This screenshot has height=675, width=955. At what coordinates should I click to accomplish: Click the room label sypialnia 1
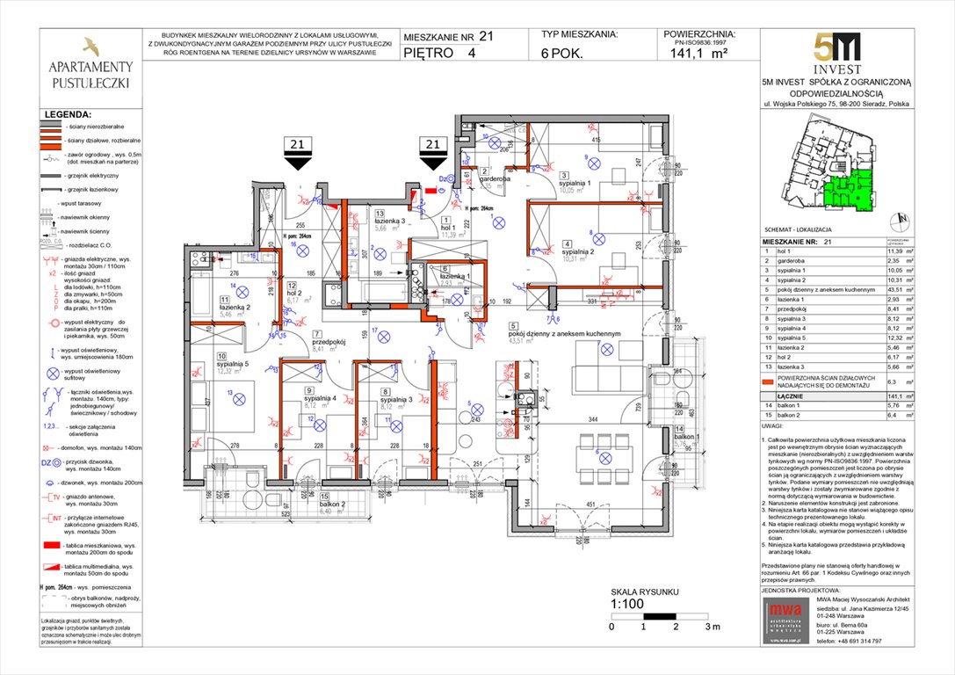tap(583, 183)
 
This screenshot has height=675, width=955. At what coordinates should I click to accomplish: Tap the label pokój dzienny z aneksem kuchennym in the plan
tap(572, 334)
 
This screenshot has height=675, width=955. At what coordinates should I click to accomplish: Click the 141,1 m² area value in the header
tap(699, 53)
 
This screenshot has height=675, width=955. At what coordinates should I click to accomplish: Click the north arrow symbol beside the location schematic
tap(898, 221)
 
